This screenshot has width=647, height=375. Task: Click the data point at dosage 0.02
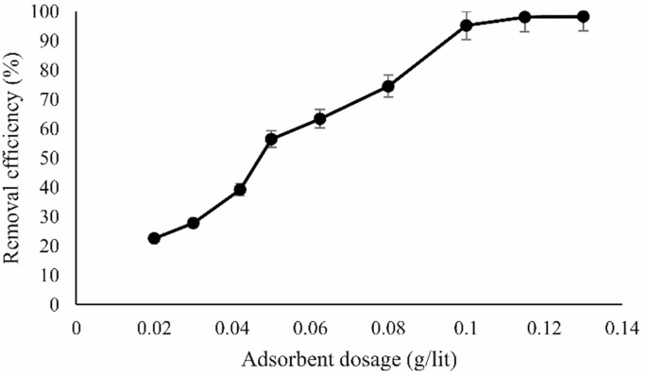154,238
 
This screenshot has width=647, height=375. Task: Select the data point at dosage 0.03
193,223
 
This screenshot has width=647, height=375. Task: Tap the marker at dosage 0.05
271,139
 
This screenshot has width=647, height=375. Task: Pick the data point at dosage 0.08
388,86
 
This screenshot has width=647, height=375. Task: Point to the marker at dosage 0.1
467,25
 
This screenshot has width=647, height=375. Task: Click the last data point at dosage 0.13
584,17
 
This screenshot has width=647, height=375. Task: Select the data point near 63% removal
320,118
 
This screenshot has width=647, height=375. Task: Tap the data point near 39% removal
240,189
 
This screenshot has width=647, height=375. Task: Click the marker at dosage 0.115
525,17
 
